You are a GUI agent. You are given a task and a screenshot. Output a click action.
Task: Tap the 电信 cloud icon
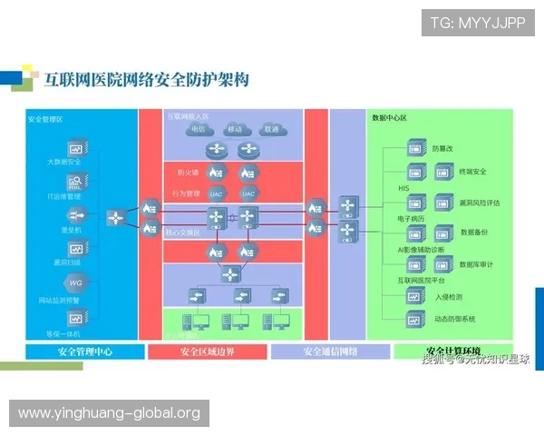point(198,129)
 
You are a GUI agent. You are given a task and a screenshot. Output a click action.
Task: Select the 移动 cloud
point(235,129)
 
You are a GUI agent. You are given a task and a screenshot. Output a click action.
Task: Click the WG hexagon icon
point(75,283)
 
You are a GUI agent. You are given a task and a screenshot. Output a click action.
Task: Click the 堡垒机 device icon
point(75,215)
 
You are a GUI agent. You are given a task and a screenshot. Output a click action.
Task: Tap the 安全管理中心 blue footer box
point(84,352)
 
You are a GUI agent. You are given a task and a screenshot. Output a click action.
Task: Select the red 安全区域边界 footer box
point(207,352)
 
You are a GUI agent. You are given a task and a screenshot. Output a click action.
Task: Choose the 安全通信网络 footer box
point(330,352)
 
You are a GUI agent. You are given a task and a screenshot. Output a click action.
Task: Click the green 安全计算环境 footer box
point(453,351)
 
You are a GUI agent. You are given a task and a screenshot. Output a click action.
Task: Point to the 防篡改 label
point(442,147)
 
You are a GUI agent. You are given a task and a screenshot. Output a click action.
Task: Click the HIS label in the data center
point(403,189)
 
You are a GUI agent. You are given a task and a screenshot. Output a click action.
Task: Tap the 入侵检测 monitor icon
point(415,295)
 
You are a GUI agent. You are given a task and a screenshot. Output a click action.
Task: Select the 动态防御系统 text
point(455,319)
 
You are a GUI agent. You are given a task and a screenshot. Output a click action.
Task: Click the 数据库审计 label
point(476,263)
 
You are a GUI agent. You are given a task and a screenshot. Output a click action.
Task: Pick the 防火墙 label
point(188,172)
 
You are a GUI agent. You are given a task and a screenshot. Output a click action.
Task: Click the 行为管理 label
point(186,193)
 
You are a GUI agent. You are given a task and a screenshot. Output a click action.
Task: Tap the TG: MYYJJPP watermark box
point(478,22)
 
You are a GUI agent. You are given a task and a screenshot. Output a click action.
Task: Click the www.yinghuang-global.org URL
point(109,413)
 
